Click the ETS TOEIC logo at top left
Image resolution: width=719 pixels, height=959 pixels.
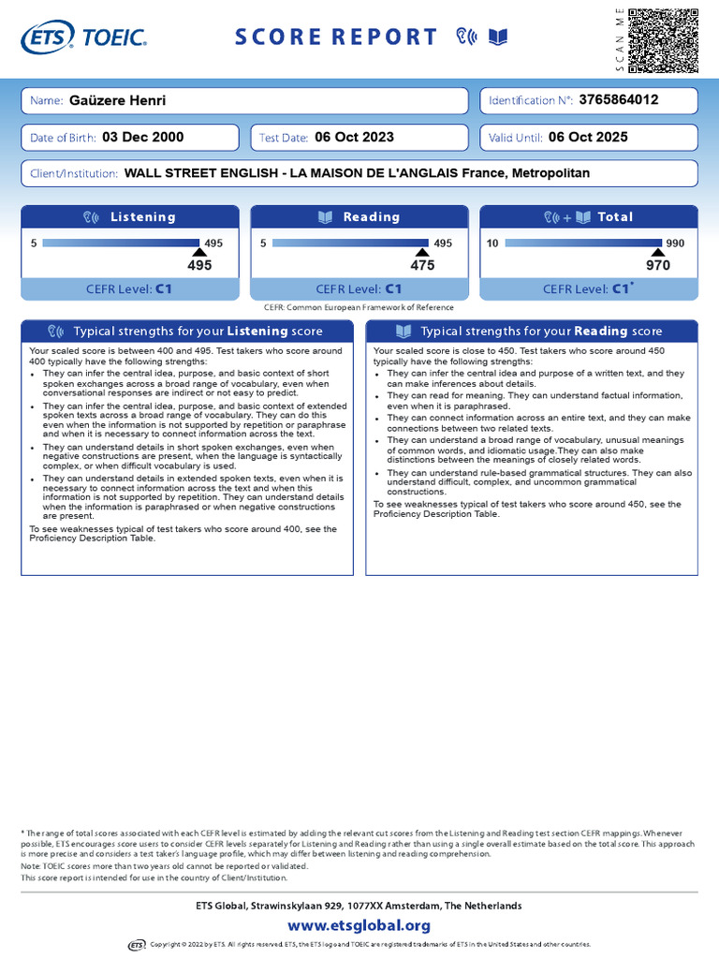pos(83,37)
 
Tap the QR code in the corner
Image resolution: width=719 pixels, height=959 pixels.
pos(663,40)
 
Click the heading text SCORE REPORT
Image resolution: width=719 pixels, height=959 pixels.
pos(335,37)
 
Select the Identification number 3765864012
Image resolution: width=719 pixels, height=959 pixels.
pos(619,99)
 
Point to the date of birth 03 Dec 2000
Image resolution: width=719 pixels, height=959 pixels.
pos(142,137)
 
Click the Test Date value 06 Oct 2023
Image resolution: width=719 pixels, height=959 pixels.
pos(355,137)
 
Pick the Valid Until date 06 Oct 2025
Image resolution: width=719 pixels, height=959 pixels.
pos(588,137)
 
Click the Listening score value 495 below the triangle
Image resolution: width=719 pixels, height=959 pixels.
pos(199,266)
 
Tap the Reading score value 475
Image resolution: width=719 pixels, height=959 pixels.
pos(422,266)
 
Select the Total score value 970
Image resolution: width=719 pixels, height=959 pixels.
pos(658,266)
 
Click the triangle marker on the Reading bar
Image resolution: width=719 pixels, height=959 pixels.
pos(422,253)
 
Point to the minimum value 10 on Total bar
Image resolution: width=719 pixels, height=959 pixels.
pos(492,243)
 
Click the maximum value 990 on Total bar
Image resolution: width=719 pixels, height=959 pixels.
pos(676,243)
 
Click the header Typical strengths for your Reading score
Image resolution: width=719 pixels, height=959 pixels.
pos(531,332)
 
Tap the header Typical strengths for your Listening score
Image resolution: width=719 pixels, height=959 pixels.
pos(187,332)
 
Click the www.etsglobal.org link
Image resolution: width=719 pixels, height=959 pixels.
pos(359,925)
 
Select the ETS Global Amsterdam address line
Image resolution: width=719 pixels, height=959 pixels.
pos(359,906)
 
